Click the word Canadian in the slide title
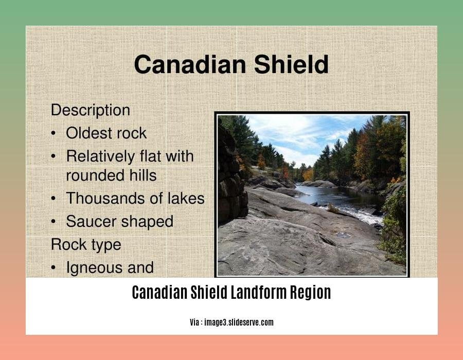click(x=190, y=64)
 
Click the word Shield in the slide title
click(x=291, y=64)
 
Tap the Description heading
click(x=91, y=111)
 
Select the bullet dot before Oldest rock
click(x=53, y=133)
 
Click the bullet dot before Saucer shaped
click(x=53, y=221)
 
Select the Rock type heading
click(x=86, y=245)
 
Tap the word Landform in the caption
click(x=258, y=293)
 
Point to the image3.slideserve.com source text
click(x=239, y=322)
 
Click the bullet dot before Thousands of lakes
click(x=53, y=199)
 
